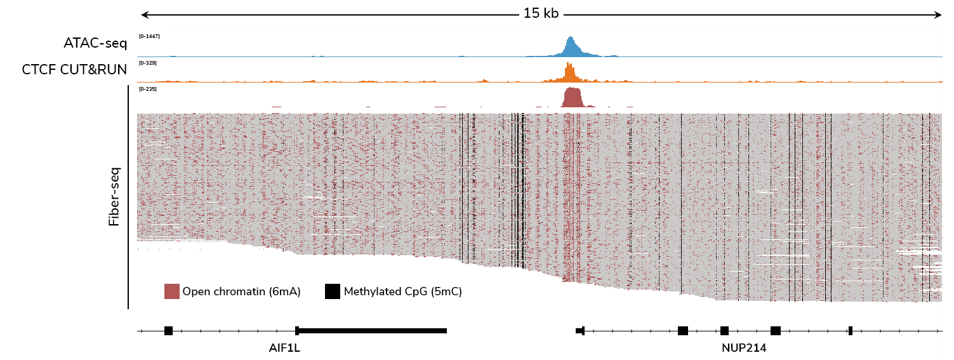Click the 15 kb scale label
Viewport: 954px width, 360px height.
(541, 13)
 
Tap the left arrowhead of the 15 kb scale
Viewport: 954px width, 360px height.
(143, 14)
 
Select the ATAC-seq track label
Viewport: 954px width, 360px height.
(95, 43)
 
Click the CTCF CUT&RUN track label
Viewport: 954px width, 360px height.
(75, 69)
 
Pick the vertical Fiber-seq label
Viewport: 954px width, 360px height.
(114, 197)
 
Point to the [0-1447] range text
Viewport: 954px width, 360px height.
(149, 36)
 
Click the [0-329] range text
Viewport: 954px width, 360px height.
(148, 63)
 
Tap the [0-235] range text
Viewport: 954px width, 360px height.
(148, 89)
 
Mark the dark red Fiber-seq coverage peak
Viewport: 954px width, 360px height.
(572, 98)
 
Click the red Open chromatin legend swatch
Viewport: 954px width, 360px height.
(171, 291)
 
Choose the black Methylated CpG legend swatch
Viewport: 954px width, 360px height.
(333, 291)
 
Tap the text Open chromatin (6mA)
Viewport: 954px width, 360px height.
(241, 292)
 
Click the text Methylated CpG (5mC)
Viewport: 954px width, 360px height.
(402, 292)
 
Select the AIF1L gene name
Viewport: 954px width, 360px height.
(284, 348)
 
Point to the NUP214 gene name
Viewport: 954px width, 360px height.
(744, 348)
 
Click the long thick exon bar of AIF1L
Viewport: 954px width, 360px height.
(372, 330)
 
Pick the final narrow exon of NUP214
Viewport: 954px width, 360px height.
(850, 330)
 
